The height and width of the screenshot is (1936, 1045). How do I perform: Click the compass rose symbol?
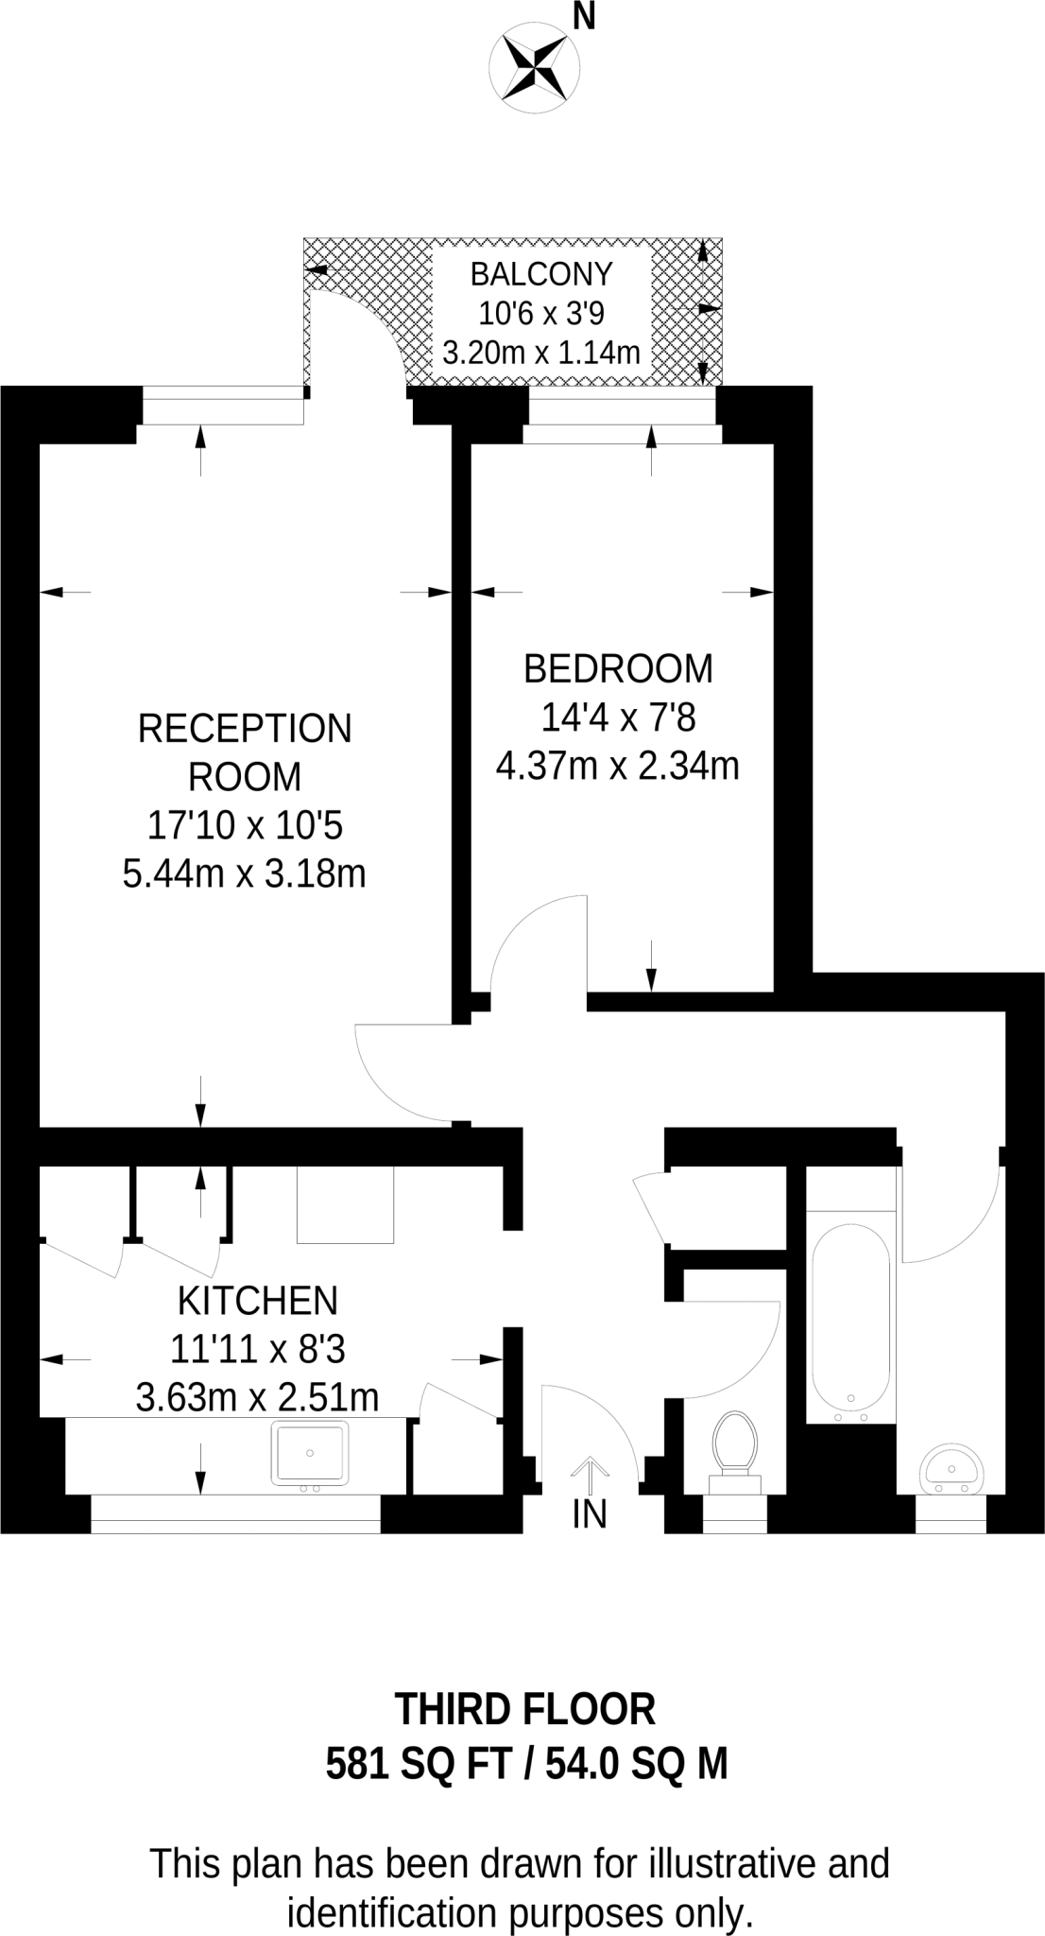pyautogui.click(x=534, y=66)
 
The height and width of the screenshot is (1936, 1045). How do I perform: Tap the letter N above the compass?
pyautogui.click(x=585, y=16)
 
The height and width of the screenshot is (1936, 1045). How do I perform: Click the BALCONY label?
pyautogui.click(x=541, y=274)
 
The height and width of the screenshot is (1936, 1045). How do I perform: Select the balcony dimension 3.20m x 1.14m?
pyautogui.click(x=541, y=353)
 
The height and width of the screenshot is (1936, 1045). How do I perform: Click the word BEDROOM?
pyautogui.click(x=618, y=668)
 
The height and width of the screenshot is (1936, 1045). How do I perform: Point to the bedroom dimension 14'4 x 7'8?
pyautogui.click(x=618, y=718)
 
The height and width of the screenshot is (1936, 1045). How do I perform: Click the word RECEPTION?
pyautogui.click(x=245, y=729)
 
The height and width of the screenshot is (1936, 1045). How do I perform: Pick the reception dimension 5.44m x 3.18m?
pyautogui.click(x=245, y=873)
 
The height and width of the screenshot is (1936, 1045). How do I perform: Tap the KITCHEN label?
pyautogui.click(x=257, y=1302)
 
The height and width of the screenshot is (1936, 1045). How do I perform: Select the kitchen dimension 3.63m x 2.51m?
pyautogui.click(x=257, y=1397)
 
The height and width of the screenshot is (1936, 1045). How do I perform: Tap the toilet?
pyautogui.click(x=736, y=1447)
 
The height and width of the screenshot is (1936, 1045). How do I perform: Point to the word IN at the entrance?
pyautogui.click(x=590, y=1514)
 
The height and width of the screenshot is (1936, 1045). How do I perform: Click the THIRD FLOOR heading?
pyautogui.click(x=524, y=1709)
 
